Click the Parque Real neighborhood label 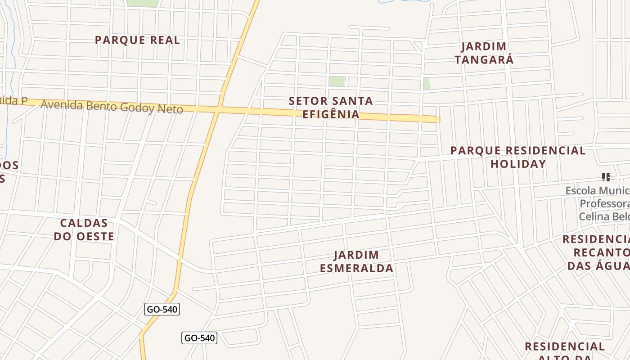[x=137, y=40]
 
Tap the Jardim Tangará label [x=484, y=53]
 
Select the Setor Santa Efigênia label [x=331, y=108]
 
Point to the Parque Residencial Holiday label [x=518, y=157]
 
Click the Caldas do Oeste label [x=84, y=229]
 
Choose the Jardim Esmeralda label [x=357, y=262]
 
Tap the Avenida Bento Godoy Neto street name [x=112, y=107]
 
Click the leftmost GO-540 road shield [x=162, y=309]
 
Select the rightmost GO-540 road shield [x=199, y=338]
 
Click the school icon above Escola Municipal [x=606, y=177]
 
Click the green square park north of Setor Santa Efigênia [x=336, y=81]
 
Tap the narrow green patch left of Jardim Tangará [x=426, y=84]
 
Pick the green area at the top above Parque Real [x=142, y=3]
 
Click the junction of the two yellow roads [x=218, y=109]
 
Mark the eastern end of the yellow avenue [x=437, y=119]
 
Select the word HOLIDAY [x=518, y=164]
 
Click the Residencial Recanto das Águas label [x=596, y=252]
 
